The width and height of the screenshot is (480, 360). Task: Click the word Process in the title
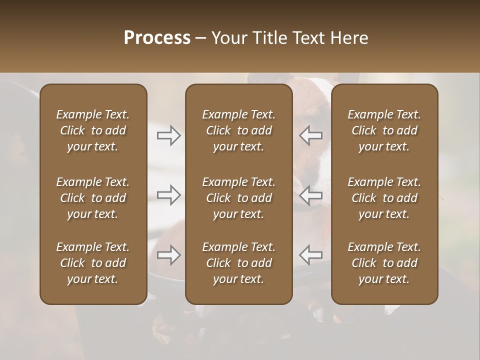click(x=157, y=38)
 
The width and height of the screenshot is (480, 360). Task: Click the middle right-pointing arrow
click(x=169, y=195)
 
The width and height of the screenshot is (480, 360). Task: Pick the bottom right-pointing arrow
click(x=169, y=255)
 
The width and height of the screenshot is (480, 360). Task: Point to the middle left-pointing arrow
click(x=311, y=195)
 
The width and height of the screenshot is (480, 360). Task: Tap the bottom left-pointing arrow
click(x=311, y=255)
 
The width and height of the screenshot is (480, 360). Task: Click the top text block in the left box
click(x=93, y=130)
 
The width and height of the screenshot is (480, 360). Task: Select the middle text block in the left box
click(x=93, y=198)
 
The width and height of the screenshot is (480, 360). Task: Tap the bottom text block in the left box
click(x=93, y=263)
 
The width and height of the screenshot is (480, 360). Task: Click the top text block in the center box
click(x=239, y=130)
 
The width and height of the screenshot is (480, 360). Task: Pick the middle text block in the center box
click(x=239, y=198)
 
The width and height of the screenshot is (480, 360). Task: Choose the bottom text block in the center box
click(x=239, y=263)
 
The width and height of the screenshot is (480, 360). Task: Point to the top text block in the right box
click(x=384, y=130)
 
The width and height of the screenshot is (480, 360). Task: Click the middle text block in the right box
click(x=384, y=198)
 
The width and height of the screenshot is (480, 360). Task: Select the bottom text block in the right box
click(x=384, y=263)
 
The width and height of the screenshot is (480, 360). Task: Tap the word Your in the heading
click(x=227, y=38)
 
